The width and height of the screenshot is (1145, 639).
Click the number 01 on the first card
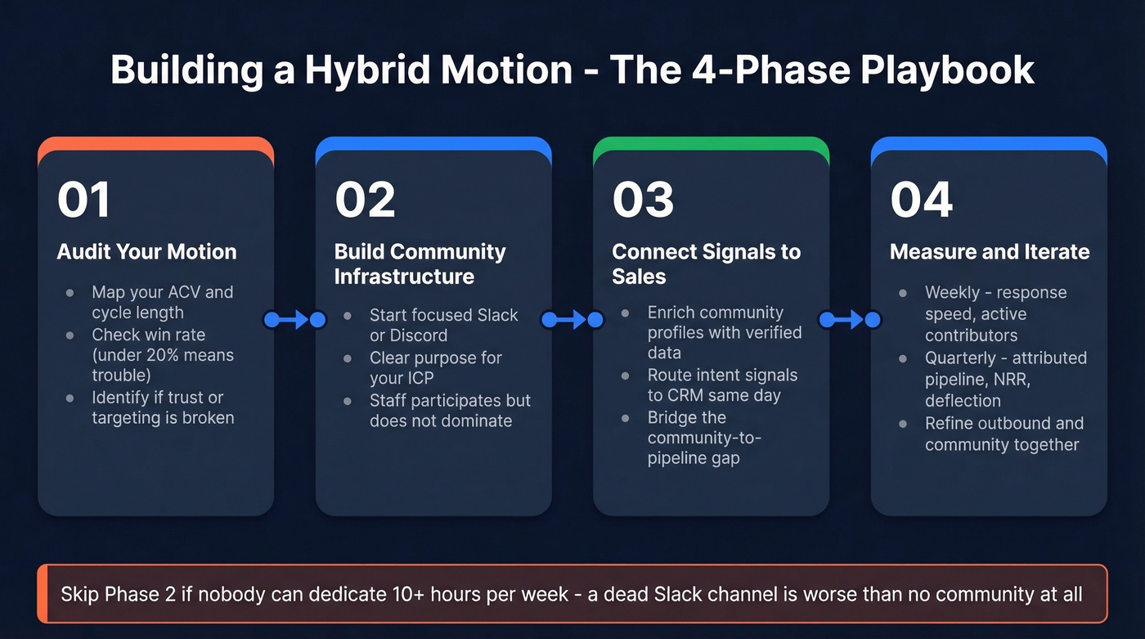click(83, 200)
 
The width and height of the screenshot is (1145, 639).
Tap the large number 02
click(365, 200)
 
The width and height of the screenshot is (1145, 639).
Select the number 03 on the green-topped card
click(643, 200)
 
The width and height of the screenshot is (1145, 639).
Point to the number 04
click(921, 200)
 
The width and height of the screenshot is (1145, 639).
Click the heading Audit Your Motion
click(146, 251)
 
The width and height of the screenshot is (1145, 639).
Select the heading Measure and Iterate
click(990, 251)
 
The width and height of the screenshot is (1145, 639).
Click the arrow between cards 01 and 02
click(294, 320)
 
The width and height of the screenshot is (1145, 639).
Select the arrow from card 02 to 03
click(572, 320)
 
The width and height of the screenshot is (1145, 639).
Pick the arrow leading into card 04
click(851, 320)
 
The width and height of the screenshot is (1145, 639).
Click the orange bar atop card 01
click(155, 144)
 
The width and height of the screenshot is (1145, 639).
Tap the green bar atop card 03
click(711, 144)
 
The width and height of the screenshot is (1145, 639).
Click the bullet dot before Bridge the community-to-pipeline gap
click(626, 418)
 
